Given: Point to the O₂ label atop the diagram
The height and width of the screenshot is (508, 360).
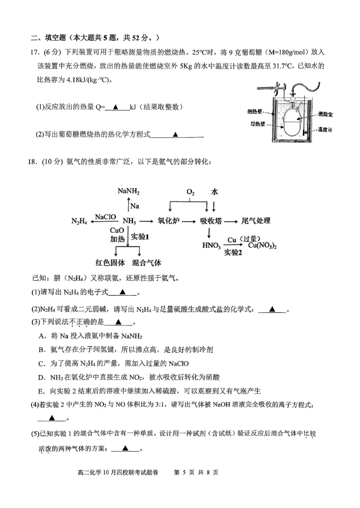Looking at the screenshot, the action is click(190, 192).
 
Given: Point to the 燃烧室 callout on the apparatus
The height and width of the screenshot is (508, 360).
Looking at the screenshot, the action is click(324, 115).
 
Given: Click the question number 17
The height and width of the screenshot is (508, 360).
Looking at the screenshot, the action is click(35, 52).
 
